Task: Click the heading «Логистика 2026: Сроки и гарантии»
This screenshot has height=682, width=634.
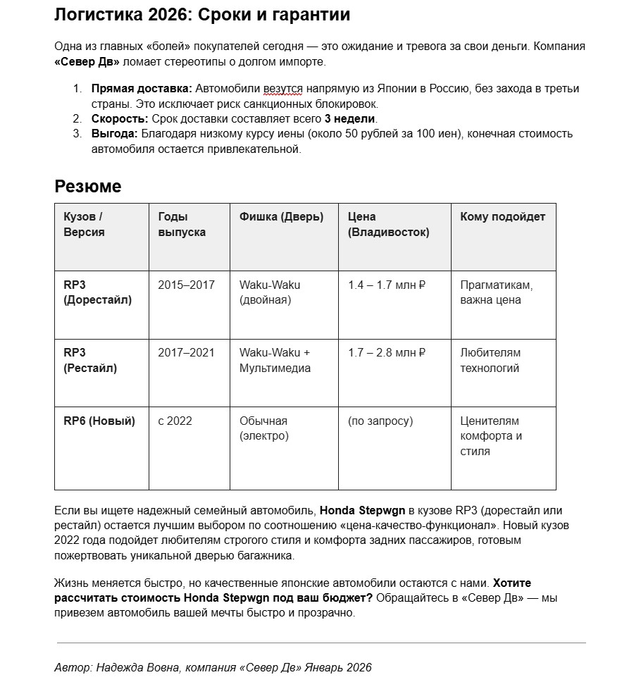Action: tap(202, 15)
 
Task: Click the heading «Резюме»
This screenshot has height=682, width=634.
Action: tap(88, 186)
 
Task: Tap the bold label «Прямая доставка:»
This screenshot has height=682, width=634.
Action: tap(141, 89)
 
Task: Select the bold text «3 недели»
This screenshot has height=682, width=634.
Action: tap(351, 118)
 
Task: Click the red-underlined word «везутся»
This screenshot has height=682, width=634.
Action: tap(284, 89)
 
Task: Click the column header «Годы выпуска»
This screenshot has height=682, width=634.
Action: tap(182, 224)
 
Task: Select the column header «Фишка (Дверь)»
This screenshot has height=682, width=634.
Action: tap(281, 217)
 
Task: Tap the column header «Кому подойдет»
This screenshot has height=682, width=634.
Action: tap(502, 217)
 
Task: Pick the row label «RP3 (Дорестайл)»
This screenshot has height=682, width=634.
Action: tap(97, 292)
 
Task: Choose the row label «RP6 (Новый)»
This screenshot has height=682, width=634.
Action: tap(99, 421)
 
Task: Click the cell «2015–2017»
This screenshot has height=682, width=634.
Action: tap(186, 285)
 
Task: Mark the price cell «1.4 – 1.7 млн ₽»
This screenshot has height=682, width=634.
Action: tap(387, 285)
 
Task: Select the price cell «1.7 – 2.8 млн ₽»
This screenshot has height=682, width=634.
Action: tap(387, 352)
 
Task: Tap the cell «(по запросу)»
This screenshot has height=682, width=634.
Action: tap(380, 421)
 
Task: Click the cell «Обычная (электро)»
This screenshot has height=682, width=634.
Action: tap(264, 428)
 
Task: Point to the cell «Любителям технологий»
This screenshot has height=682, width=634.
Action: tap(490, 360)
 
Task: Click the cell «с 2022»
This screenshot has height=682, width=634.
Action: tap(175, 421)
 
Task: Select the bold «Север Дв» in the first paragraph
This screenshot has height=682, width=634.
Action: tap(87, 61)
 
